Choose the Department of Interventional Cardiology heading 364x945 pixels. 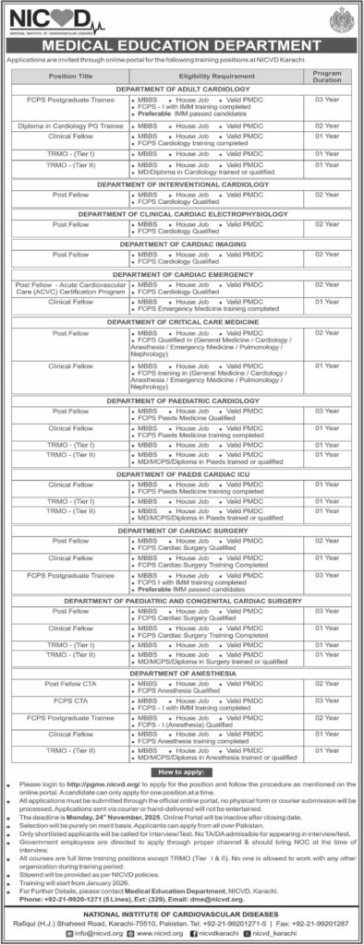181,184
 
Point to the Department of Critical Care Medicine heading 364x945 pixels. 181,319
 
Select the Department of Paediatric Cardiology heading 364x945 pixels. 181,401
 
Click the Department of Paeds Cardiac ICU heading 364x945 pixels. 181,472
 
